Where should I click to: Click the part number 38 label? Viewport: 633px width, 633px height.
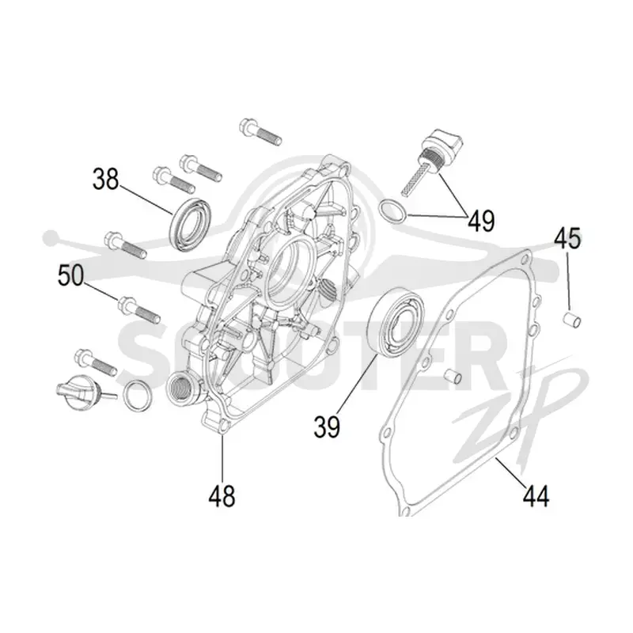(106, 180)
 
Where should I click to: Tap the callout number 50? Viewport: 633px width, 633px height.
(70, 275)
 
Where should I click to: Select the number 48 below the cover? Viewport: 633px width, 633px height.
(222, 496)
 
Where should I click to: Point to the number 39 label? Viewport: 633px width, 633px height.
(327, 426)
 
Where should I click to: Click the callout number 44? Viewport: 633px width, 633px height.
(536, 496)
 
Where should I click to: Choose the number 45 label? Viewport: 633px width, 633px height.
(567, 239)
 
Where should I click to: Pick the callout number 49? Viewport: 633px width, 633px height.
(481, 221)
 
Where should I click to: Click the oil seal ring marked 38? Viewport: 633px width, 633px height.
(189, 225)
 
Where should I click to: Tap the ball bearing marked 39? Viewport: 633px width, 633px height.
(397, 322)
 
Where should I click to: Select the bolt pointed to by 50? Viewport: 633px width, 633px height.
(139, 309)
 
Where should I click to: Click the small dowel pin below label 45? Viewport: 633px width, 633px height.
(572, 320)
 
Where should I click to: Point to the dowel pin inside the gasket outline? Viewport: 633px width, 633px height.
(453, 377)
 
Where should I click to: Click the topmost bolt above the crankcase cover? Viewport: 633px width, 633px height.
(260, 131)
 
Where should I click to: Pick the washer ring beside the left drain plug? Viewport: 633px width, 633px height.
(137, 395)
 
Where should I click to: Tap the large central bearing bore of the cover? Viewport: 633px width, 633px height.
(289, 271)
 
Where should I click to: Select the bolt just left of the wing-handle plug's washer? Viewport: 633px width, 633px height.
(96, 362)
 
